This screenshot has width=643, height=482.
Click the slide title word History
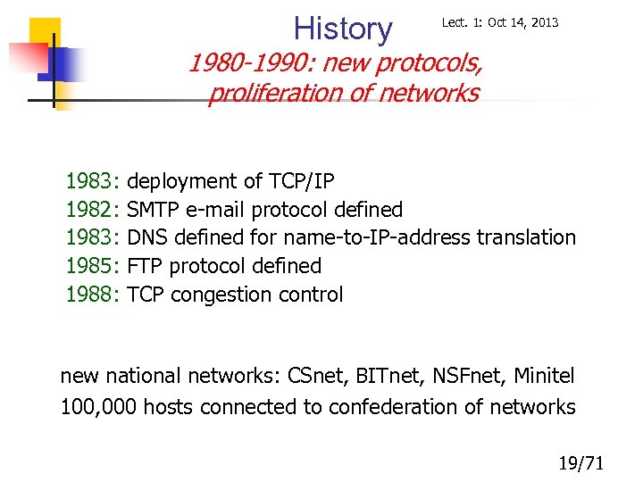[x=343, y=29]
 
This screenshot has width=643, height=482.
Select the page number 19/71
[x=580, y=462]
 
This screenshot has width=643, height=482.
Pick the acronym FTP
[x=146, y=266]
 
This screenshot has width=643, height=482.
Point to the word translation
[x=526, y=238]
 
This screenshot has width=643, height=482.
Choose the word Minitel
[x=544, y=377]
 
